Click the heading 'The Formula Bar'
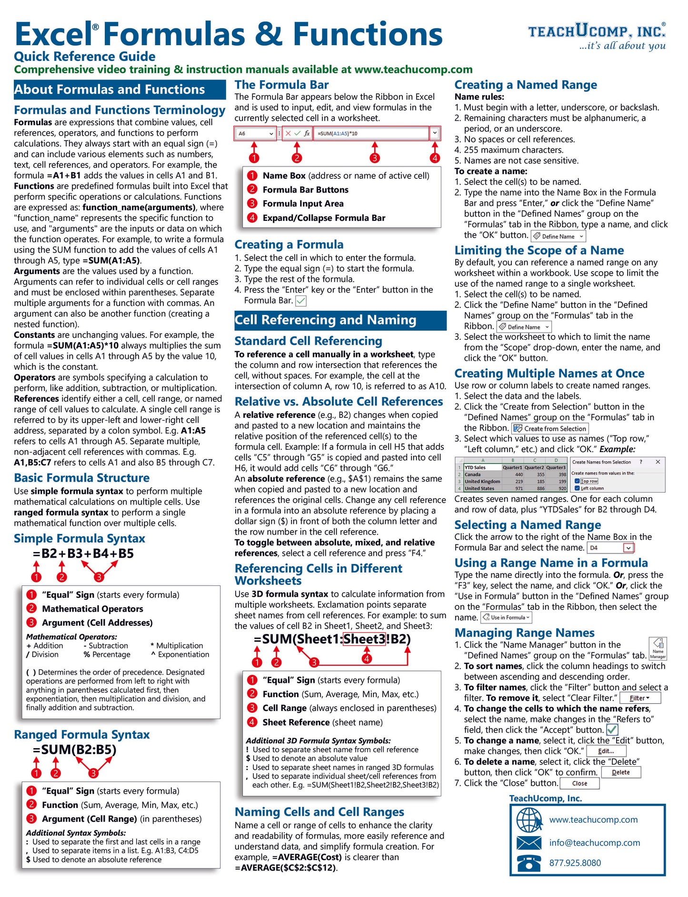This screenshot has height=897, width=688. [281, 85]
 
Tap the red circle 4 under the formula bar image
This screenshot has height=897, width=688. [434, 158]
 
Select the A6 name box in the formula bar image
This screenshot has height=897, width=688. [255, 134]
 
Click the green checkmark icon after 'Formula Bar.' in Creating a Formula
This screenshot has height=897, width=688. [301, 301]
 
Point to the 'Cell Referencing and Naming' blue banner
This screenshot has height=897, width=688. [340, 320]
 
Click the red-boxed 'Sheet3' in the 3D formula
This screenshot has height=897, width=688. [364, 639]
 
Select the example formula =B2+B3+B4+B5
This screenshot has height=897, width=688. [83, 553]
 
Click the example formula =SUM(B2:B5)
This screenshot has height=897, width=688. [75, 749]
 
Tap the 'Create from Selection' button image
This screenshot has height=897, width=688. [550, 428]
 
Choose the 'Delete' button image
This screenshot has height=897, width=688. [620, 772]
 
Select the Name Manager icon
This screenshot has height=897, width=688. [658, 648]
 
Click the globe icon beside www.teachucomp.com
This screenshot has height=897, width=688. [529, 820]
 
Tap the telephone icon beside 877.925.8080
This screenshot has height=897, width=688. [529, 863]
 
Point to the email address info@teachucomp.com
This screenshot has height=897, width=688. [594, 843]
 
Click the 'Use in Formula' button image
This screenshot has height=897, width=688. [506, 618]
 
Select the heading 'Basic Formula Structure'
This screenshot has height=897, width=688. [81, 478]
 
